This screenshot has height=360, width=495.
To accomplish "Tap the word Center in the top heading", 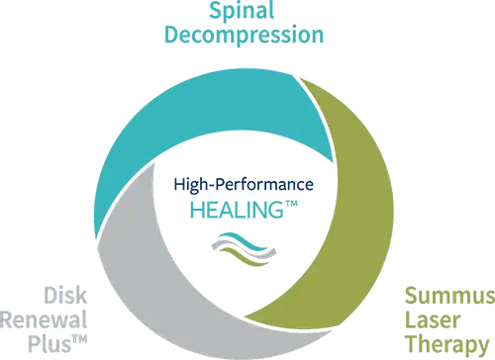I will [x=291, y=40].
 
